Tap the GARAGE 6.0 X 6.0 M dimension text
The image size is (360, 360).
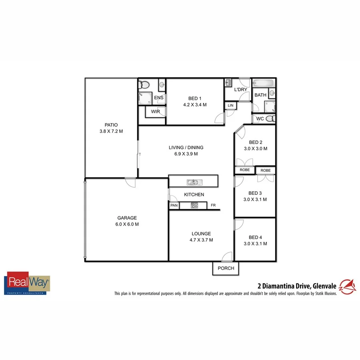(x=127, y=224)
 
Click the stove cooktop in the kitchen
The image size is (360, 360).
(x=194, y=206)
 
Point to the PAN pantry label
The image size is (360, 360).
(x=174, y=206)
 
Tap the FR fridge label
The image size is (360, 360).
(x=213, y=206)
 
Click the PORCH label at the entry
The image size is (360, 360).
(x=226, y=268)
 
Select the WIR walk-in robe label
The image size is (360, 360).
(x=156, y=112)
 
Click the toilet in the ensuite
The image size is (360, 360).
(x=145, y=85)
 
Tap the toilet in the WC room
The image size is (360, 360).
(x=270, y=118)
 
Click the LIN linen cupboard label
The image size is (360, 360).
(x=230, y=105)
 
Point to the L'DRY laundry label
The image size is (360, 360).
(x=240, y=90)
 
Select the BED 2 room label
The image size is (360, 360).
(x=256, y=142)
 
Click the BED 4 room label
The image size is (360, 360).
(x=255, y=237)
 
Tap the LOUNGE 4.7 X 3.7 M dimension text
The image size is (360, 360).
(x=201, y=240)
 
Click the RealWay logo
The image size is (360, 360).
(x=27, y=283)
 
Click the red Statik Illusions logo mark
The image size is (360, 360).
(x=346, y=286)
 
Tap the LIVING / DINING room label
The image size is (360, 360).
(x=186, y=148)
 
